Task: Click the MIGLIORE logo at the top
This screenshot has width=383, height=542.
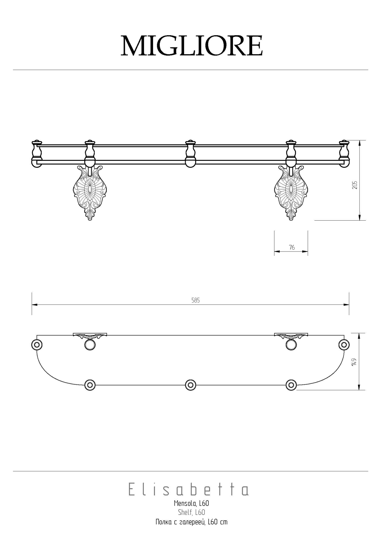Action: (x=192, y=46)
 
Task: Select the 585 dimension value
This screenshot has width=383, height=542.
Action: (x=196, y=300)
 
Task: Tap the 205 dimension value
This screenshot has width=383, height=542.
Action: (x=355, y=185)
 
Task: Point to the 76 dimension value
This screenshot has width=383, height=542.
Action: (x=292, y=247)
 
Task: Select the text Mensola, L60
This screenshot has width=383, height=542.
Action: (x=192, y=504)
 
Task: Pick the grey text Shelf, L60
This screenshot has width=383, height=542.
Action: (x=192, y=512)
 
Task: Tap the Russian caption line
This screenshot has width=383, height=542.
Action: (x=192, y=522)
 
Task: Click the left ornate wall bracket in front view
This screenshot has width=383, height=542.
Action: (x=90, y=192)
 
